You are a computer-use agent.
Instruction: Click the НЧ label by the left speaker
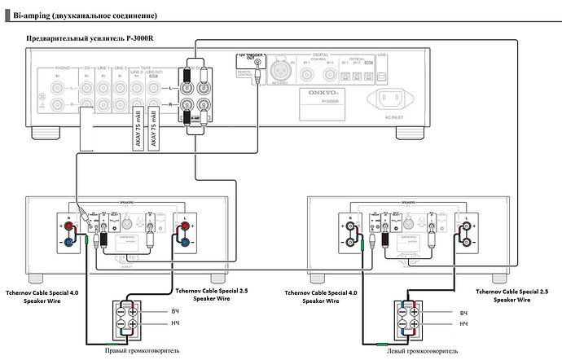(x=464, y=323)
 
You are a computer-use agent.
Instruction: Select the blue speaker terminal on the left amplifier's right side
(x=187, y=241)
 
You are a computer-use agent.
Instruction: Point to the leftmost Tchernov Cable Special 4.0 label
(x=39, y=294)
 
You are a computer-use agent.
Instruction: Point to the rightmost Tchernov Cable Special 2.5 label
(x=511, y=294)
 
